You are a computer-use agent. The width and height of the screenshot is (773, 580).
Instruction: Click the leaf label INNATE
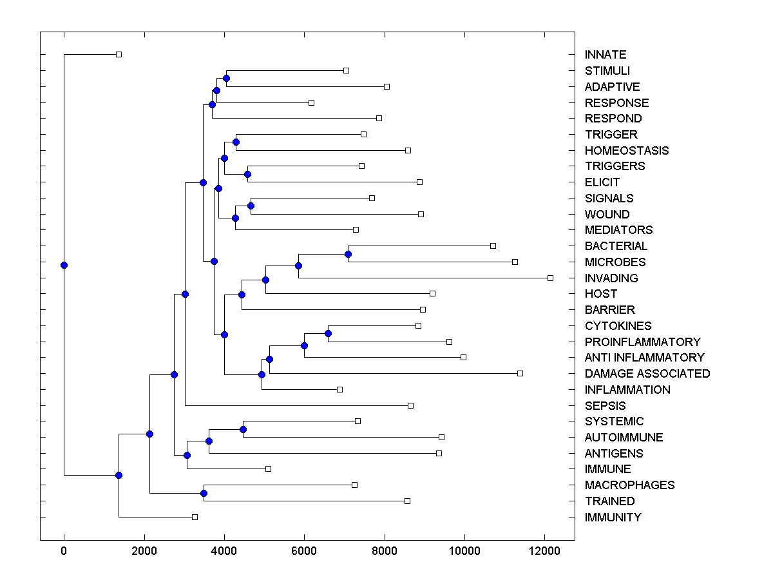tap(605, 55)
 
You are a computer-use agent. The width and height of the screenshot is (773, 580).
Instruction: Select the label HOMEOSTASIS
tap(626, 151)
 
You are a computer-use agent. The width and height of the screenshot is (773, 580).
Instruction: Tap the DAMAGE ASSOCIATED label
tap(647, 374)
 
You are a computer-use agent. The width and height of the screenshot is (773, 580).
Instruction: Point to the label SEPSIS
tap(605, 406)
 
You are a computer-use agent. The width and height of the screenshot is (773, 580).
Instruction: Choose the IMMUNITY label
tap(613, 517)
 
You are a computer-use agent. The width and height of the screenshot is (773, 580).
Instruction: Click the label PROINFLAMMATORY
tap(642, 342)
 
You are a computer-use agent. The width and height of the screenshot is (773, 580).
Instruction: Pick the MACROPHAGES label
tap(629, 485)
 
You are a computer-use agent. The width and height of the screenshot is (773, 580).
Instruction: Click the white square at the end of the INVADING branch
tap(550, 278)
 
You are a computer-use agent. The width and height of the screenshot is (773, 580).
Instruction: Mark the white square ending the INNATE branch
tap(119, 54)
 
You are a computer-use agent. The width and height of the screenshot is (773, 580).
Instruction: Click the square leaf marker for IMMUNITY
tap(195, 517)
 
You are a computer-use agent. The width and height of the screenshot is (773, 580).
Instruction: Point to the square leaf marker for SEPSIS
tap(410, 405)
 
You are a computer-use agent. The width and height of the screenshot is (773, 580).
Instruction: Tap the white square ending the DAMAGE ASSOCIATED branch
tap(520, 373)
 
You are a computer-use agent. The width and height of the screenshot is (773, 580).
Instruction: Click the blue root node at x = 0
tap(64, 265)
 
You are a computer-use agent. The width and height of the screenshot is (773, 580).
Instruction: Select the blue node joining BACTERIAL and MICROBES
tap(348, 254)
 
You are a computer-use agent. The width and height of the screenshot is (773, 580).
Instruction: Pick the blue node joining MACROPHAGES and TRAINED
tap(204, 493)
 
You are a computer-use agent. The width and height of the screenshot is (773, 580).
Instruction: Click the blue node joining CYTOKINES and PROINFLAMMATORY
tap(328, 333)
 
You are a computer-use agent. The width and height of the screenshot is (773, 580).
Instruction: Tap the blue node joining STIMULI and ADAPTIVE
tap(226, 78)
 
